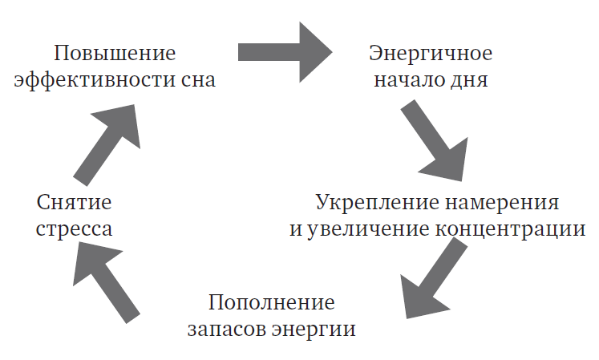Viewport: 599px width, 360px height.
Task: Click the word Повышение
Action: pyautogui.click(x=115, y=55)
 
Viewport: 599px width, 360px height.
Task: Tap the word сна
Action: pyautogui.click(x=198, y=81)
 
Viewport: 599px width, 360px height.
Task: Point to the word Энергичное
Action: pyautogui.click(x=431, y=55)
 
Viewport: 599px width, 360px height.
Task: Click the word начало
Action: pyautogui.click(x=410, y=81)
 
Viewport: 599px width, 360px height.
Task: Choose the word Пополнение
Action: pyautogui.click(x=270, y=304)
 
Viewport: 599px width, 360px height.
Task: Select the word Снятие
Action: pyautogui.click(x=73, y=202)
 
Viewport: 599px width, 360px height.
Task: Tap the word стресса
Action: pyautogui.click(x=73, y=229)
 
